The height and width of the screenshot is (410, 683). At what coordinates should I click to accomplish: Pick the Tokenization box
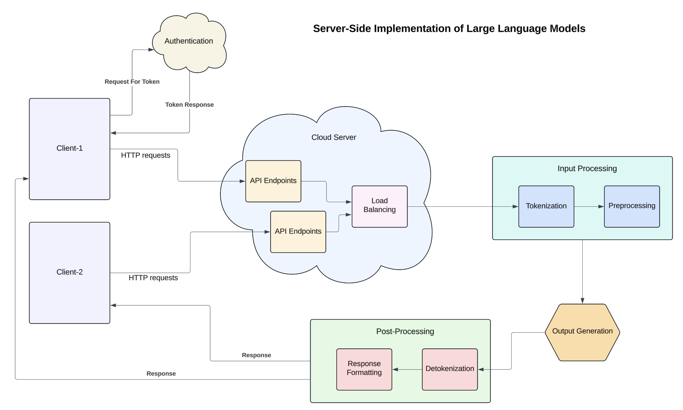pos(546,206)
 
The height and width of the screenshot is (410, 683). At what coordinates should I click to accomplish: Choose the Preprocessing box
pos(632,206)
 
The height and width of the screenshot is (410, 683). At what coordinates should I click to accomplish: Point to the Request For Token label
pos(132,82)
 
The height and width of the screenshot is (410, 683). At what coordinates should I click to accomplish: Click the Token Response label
pos(189,105)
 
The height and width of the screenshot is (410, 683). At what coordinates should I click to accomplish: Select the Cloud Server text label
pos(333,137)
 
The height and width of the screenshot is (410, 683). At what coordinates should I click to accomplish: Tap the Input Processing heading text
pos(587,169)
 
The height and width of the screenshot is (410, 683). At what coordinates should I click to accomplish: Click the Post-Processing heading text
pos(405,331)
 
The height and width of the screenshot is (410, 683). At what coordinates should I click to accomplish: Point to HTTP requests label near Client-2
pos(153,278)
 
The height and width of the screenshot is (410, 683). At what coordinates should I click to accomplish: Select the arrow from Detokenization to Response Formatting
pos(407,369)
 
